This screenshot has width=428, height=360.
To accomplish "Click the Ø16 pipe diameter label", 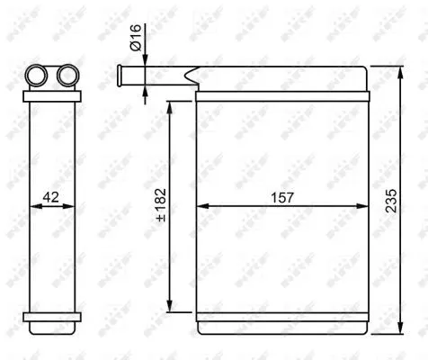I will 134,40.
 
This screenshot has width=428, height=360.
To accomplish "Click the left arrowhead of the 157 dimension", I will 201,205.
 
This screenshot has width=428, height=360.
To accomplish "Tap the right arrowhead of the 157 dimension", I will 363,205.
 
